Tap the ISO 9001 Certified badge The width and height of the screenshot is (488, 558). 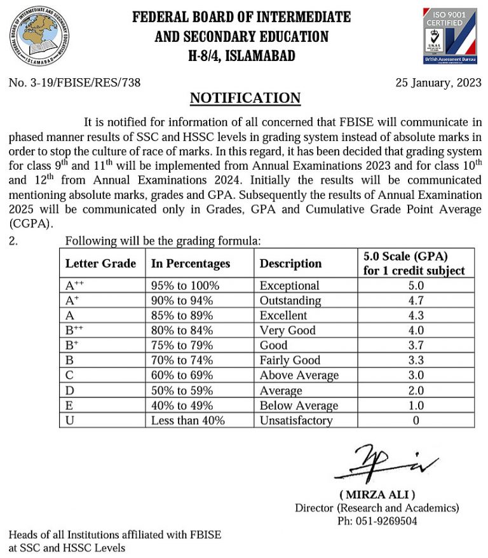pyautogui.click(x=449, y=36)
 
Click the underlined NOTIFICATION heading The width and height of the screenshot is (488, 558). pyautogui.click(x=245, y=98)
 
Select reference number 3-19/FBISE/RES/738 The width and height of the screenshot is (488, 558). pyautogui.click(x=74, y=82)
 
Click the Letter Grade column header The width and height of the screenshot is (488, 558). pyautogui.click(x=100, y=263)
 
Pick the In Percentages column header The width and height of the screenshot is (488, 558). pyautogui.click(x=190, y=263)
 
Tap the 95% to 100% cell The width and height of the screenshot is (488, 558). pyautogui.click(x=185, y=286)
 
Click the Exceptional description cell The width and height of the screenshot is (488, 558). pyautogui.click(x=289, y=286)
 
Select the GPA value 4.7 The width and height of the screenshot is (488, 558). pyautogui.click(x=416, y=301)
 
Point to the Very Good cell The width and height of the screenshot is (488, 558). pyautogui.click(x=288, y=330)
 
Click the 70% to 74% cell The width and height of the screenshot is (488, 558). pyautogui.click(x=182, y=360)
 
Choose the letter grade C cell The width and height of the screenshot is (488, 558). pyautogui.click(x=69, y=376)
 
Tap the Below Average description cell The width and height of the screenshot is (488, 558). pyautogui.click(x=299, y=405)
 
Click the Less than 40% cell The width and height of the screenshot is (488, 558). pyautogui.click(x=187, y=420)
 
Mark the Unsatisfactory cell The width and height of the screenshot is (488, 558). pyautogui.click(x=296, y=420)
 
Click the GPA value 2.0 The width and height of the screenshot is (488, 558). pyautogui.click(x=416, y=390)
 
